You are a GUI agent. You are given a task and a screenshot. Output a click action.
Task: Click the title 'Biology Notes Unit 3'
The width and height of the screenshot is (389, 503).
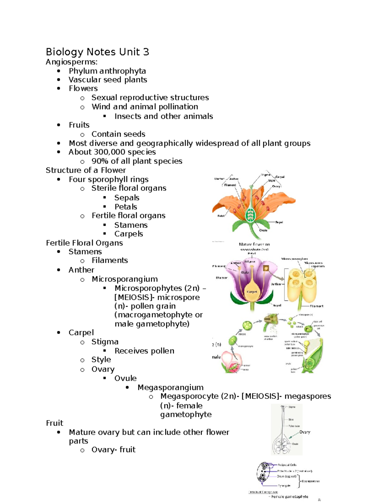click(97, 52)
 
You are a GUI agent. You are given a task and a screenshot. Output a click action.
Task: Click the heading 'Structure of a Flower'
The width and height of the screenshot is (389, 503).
click(86, 170)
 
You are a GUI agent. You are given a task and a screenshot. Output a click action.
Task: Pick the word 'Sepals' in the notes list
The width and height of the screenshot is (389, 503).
click(127, 198)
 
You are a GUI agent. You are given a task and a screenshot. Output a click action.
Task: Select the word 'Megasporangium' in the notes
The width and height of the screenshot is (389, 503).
click(171, 387)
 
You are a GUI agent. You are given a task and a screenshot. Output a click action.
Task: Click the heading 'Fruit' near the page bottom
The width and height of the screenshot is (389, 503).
click(54, 423)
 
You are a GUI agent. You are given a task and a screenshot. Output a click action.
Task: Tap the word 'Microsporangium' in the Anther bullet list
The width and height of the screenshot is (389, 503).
click(124, 279)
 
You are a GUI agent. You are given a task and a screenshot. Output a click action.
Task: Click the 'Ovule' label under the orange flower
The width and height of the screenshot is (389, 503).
click(263, 230)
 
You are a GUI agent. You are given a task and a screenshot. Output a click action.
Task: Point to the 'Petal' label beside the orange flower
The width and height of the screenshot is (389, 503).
click(221, 216)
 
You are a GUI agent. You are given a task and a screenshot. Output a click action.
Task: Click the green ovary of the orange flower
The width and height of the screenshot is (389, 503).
click(250, 214)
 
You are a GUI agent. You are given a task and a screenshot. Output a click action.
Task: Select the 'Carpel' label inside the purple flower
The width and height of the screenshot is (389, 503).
click(252, 292)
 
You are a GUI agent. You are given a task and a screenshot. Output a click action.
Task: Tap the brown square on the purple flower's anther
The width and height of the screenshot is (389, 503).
click(266, 268)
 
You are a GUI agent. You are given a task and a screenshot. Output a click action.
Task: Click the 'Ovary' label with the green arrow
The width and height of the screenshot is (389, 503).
click(305, 432)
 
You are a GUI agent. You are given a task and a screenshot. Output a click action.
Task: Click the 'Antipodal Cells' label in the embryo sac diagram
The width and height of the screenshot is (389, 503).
click(287, 465)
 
